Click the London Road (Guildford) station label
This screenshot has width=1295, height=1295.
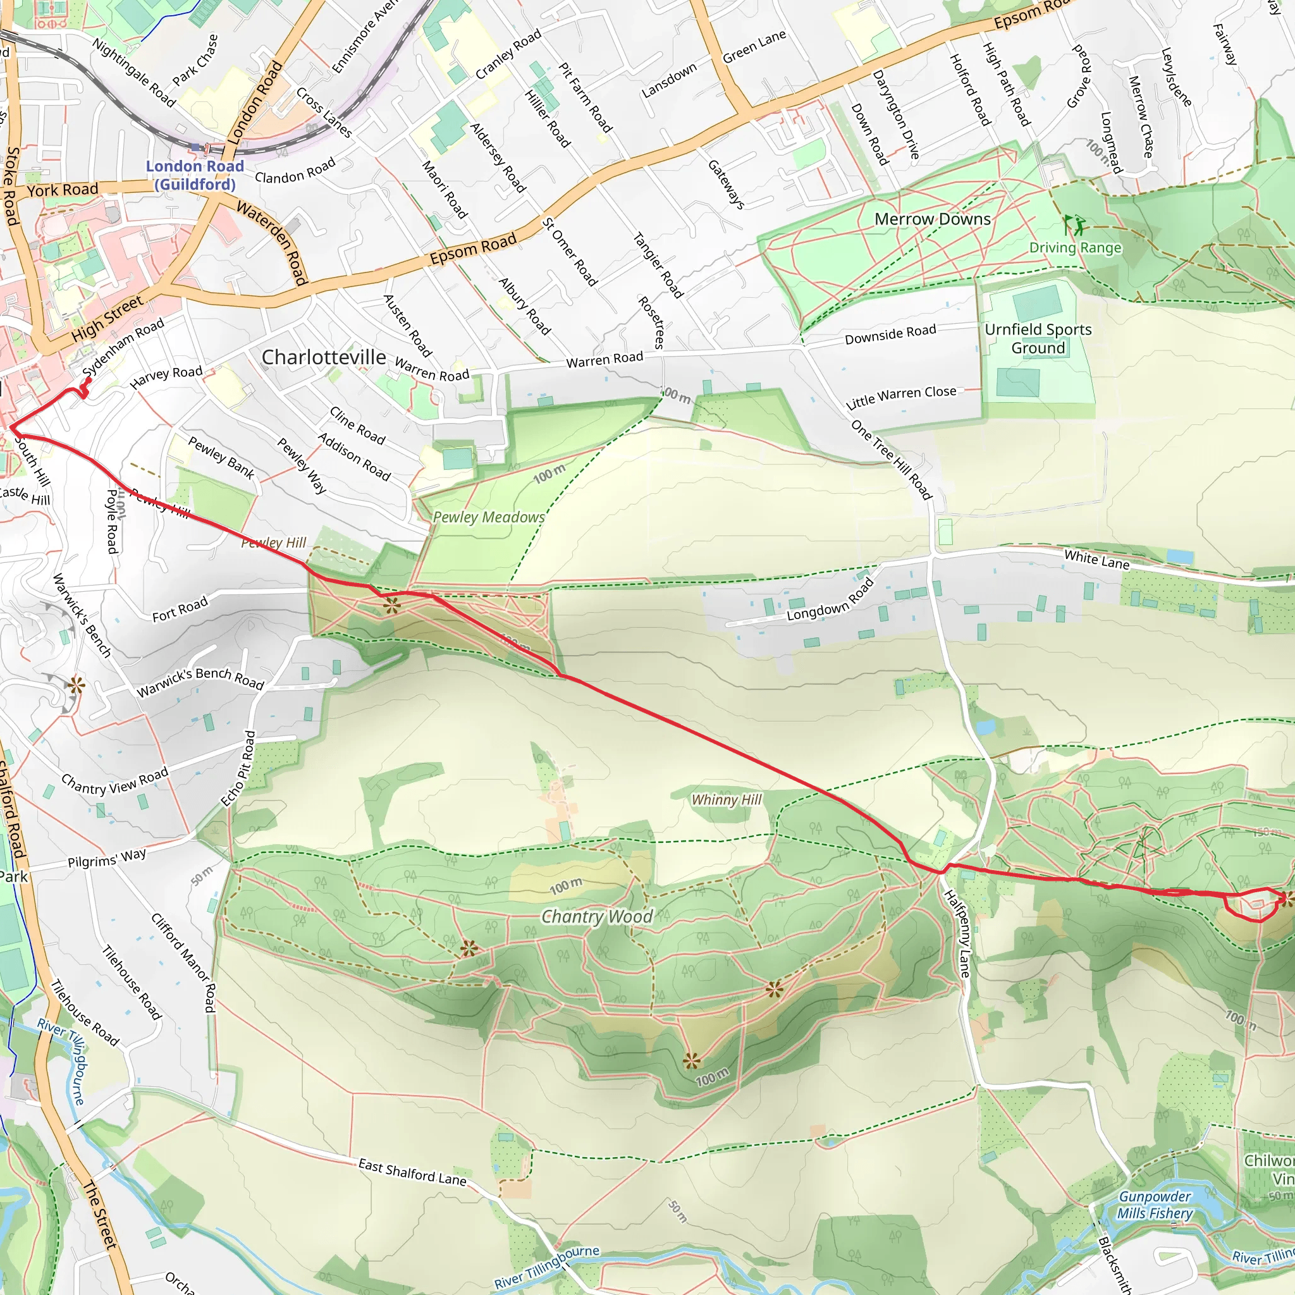(194, 175)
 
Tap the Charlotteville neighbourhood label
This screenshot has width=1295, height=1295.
(323, 357)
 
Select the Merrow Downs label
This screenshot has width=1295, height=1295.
(933, 219)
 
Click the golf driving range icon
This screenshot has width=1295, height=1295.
(1074, 224)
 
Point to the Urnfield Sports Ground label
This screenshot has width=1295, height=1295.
(1038, 338)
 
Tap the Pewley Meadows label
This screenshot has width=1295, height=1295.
(489, 517)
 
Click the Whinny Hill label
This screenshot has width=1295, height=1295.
(726, 799)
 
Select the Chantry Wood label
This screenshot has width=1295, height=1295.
(596, 916)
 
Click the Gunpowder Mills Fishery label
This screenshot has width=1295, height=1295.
(1154, 1205)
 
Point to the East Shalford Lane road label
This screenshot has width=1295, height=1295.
(412, 1172)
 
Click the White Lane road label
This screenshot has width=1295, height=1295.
(1096, 559)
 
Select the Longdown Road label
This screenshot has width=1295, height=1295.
(830, 600)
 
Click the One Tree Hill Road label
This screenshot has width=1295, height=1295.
(891, 459)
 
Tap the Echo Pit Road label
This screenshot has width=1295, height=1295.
(238, 768)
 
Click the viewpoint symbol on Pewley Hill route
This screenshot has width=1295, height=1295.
(392, 606)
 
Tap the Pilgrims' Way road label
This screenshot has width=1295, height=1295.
(107, 859)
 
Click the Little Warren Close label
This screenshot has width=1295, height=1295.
(901, 397)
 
